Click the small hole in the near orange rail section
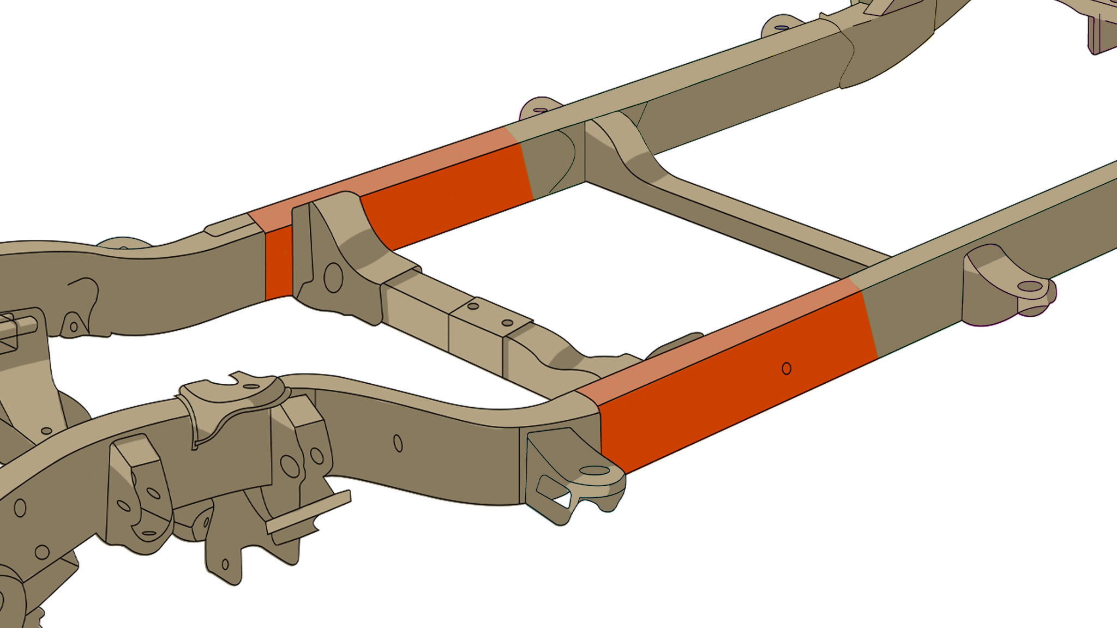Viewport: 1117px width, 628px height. [x=786, y=369]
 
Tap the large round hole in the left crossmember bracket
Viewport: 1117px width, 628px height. [x=333, y=277]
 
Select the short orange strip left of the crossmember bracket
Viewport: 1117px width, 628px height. [x=278, y=263]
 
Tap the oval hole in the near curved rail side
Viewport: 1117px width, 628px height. [x=398, y=443]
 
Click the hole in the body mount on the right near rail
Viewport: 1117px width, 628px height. [x=1030, y=286]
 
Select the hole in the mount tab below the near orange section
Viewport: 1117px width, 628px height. [x=594, y=470]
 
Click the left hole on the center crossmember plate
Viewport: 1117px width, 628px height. [x=473, y=306]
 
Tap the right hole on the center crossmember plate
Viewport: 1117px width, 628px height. [x=507, y=323]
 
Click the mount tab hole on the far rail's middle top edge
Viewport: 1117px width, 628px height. [x=540, y=110]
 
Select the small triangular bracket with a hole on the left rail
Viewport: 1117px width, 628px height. [x=74, y=325]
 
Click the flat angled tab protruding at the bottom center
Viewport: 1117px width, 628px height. [x=308, y=515]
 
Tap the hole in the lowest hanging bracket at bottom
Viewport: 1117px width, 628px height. [x=225, y=564]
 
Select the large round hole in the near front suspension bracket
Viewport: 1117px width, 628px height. [x=290, y=467]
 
